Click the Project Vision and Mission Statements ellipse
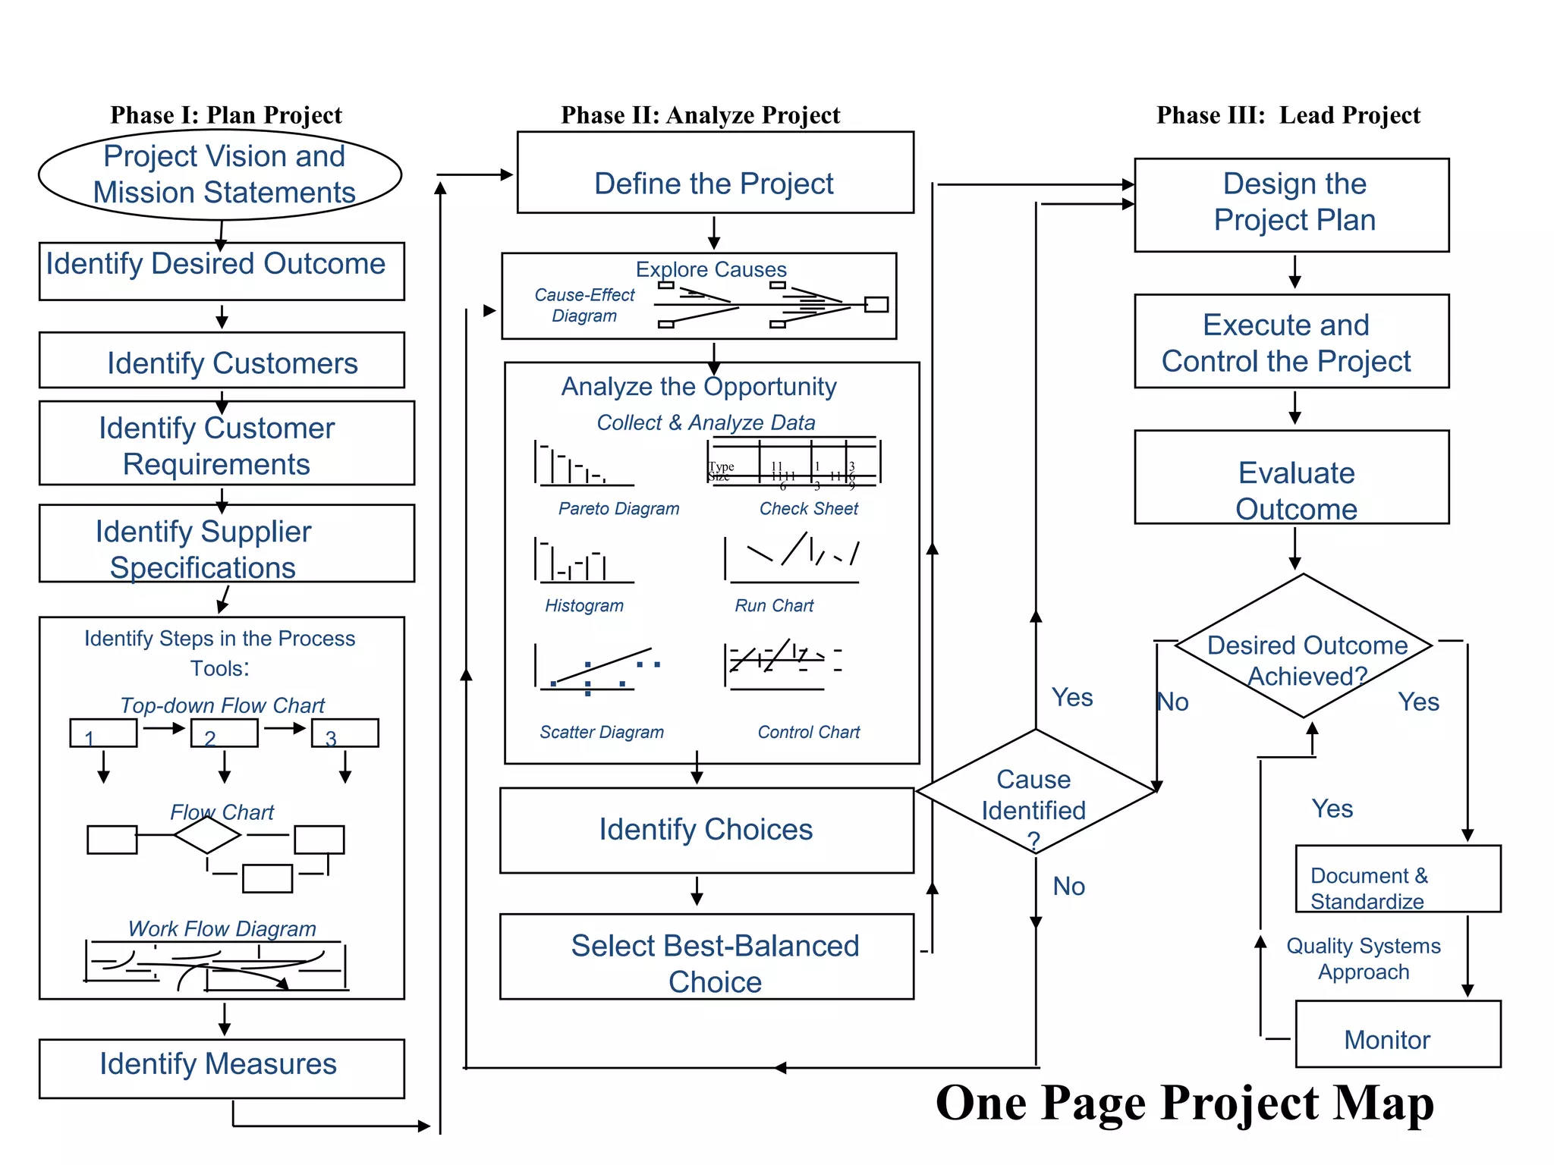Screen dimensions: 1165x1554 click(220, 174)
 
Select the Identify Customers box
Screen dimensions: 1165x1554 click(222, 361)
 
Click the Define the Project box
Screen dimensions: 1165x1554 click(715, 173)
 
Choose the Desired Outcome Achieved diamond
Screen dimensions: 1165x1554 click(1304, 647)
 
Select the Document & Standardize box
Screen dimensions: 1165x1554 click(1397, 879)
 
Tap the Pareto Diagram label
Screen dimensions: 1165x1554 click(618, 509)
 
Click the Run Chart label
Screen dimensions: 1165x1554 click(774, 606)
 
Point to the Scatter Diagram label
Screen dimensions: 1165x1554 click(602, 733)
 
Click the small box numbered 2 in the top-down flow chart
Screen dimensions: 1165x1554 click(225, 733)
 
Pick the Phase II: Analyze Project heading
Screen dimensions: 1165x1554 click(700, 115)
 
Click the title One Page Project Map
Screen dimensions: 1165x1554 click(1184, 1103)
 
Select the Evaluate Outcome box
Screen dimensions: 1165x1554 click(1291, 478)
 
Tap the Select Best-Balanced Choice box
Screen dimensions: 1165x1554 click(706, 957)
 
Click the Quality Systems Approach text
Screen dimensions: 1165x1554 click(1364, 959)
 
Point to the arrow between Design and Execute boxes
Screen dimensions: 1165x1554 click(1295, 272)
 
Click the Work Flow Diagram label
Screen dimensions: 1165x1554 click(222, 929)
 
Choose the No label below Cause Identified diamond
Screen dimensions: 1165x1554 click(1068, 887)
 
